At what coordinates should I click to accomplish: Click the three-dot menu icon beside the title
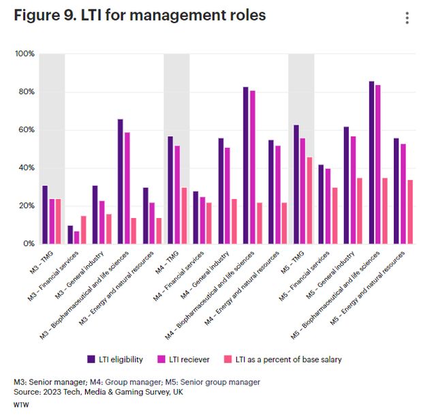coord(407,18)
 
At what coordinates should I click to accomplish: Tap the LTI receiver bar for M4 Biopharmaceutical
coord(253,167)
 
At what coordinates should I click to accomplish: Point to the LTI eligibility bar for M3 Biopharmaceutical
coord(120,181)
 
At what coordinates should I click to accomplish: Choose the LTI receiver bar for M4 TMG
coord(177,194)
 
